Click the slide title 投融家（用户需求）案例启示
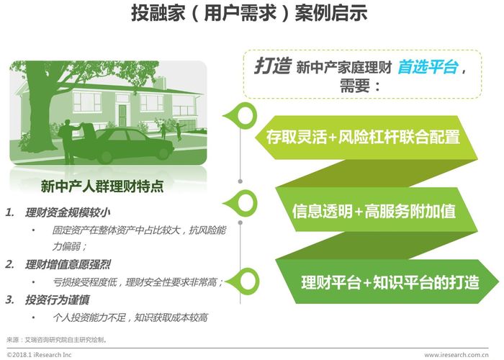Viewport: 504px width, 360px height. [x=249, y=14]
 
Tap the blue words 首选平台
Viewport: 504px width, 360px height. [x=428, y=67]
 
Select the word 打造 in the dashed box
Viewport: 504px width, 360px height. [x=273, y=66]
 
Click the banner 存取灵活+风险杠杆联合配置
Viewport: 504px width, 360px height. [x=363, y=137]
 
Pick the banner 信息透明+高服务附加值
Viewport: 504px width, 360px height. [x=374, y=211]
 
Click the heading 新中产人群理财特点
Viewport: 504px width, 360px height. [x=102, y=186]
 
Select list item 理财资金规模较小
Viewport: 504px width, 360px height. [x=68, y=212]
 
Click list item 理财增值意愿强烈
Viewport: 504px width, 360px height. [x=68, y=264]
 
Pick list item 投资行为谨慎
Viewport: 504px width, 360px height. [x=57, y=300]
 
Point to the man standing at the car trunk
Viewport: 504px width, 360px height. [x=68, y=141]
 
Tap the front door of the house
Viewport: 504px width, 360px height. [x=122, y=115]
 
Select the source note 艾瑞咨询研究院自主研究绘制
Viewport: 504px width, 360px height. [x=66, y=339]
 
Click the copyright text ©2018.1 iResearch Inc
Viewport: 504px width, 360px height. [x=39, y=355]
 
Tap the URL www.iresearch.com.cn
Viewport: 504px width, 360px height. [x=456, y=355]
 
